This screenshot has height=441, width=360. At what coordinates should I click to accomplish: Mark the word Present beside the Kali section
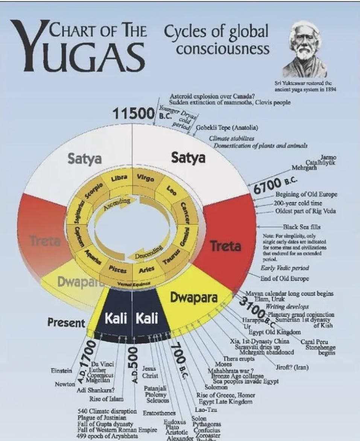[66, 322]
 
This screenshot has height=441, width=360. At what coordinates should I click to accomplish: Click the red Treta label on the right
[225, 246]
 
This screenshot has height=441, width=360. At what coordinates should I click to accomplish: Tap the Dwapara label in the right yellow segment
[194, 297]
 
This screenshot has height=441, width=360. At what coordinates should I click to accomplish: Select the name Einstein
[61, 371]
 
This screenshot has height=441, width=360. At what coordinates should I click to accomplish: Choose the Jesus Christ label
[150, 373]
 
